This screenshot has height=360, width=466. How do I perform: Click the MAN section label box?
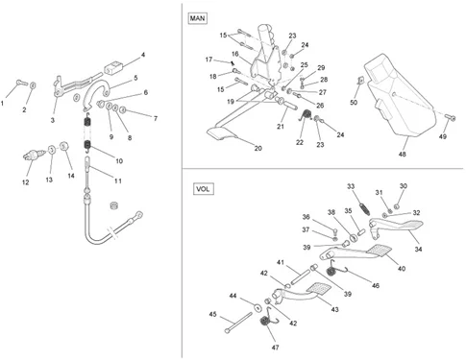coord(197,18)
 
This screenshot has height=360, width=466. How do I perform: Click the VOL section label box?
coord(203,189)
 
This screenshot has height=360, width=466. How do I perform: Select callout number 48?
coord(403,155)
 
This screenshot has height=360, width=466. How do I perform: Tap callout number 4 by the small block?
coord(143,55)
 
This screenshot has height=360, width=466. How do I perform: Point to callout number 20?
coord(258,148)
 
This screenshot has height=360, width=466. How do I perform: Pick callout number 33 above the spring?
coord(351,186)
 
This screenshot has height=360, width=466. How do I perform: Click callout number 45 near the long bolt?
coord(213,314)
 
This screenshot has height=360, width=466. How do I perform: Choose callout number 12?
coord(26,182)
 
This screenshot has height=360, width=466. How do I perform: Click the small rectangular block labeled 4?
coord(112,69)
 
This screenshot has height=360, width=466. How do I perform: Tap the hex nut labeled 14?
coord(64,146)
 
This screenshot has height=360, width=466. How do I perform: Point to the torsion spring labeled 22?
coord(307,115)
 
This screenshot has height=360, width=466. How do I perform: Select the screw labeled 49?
coord(451,117)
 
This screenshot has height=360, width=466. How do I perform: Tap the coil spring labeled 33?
coord(364,208)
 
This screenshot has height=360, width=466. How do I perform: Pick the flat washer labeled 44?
coord(257,307)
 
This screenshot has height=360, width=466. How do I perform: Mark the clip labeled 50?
coord(361,80)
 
